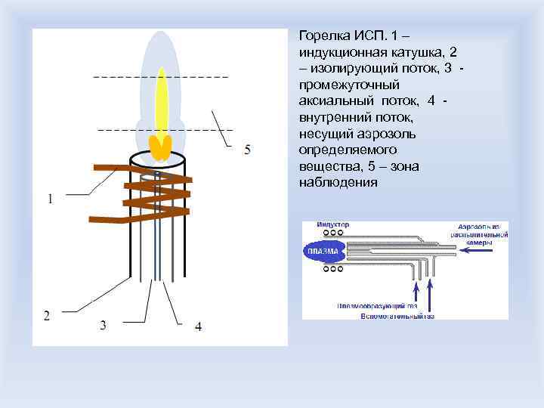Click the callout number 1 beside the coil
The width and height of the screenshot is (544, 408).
coord(50,200)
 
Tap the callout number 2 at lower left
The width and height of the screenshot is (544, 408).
coord(47,315)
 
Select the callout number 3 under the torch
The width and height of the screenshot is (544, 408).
coord(103,326)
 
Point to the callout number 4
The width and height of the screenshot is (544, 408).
coord(198,326)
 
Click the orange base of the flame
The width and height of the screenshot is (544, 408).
coord(159,147)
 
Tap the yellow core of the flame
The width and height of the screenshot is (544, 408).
coord(161,98)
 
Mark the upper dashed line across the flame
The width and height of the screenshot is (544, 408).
coord(160,76)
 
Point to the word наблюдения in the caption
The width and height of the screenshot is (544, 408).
coord(337,183)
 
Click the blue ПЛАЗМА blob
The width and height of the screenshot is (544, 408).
coord(323,252)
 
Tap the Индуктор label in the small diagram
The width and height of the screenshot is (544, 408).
coord(332,225)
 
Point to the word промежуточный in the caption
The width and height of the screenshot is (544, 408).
coord(345,85)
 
